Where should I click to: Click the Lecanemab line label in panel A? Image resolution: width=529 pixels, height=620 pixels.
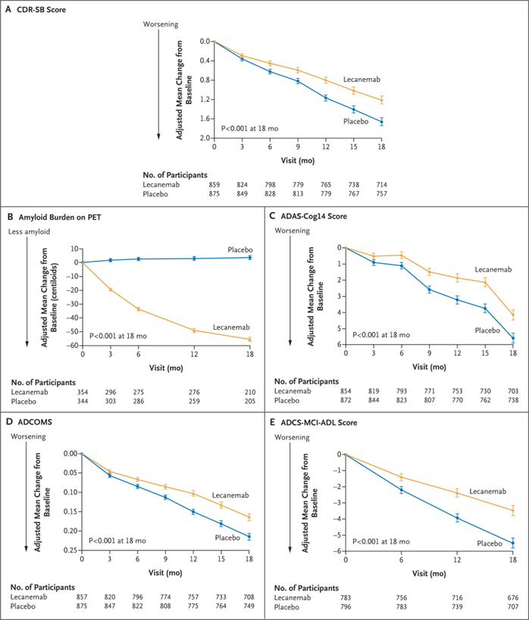(x=363, y=79)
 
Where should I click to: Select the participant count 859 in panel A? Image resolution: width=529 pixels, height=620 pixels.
(x=215, y=184)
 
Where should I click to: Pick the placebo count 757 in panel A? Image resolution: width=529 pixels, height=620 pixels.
(x=381, y=194)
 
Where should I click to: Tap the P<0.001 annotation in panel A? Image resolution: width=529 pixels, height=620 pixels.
(x=249, y=129)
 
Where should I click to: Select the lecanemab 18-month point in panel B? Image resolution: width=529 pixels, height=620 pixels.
(x=250, y=340)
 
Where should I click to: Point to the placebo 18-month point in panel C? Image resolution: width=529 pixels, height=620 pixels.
(x=512, y=338)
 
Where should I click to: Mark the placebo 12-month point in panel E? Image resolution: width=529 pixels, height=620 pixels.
(x=457, y=518)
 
